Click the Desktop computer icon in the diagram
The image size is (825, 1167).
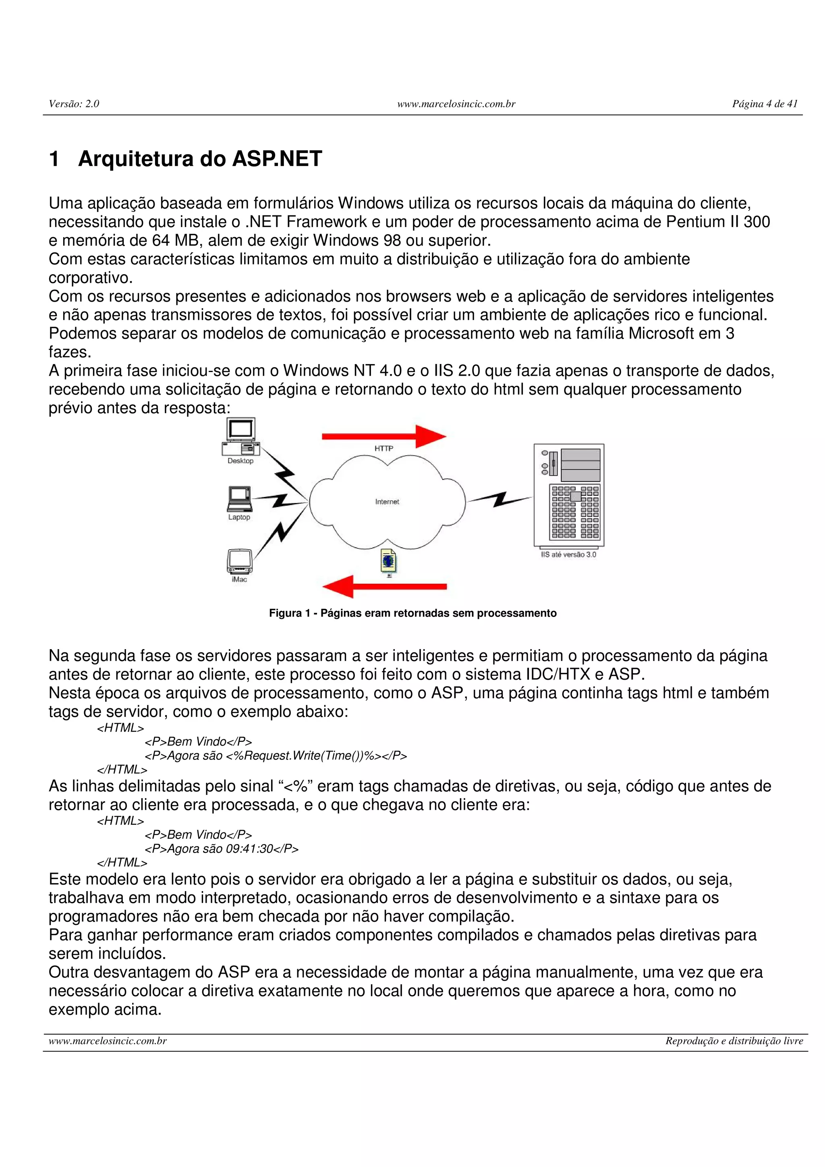tap(240, 437)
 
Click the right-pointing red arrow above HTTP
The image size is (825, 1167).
tap(384, 436)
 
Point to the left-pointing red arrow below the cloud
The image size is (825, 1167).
tap(384, 587)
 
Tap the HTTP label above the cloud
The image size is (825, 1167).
tap(384, 448)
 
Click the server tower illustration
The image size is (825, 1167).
tap(569, 495)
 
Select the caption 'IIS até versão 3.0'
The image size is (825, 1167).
tap(568, 555)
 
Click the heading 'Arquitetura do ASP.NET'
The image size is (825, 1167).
tap(200, 159)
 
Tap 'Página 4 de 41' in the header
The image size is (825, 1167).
tap(765, 103)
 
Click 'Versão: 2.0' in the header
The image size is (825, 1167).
tap(74, 103)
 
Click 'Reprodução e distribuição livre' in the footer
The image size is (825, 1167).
tap(734, 1041)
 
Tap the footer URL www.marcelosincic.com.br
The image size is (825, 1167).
tap(108, 1041)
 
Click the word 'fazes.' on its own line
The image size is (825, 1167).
tap(70, 352)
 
